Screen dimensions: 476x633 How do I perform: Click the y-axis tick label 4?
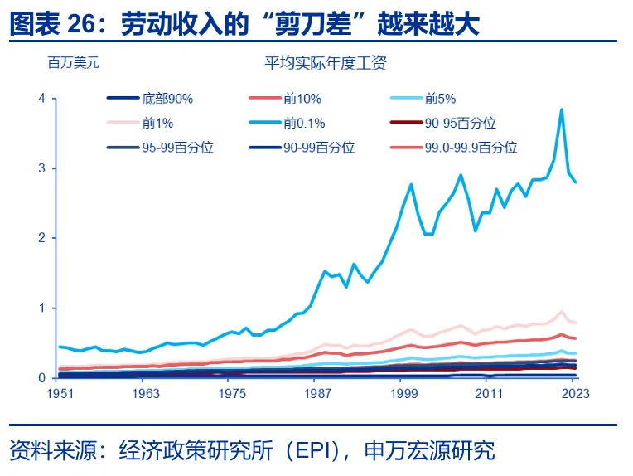pyautogui.click(x=43, y=99)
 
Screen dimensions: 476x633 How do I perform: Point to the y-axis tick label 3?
pyautogui.click(x=43, y=168)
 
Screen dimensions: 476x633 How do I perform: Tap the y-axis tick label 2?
pyautogui.click(x=43, y=238)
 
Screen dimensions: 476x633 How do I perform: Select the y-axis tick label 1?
pyautogui.click(x=43, y=308)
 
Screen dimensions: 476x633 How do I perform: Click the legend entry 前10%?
pyautogui.click(x=302, y=99)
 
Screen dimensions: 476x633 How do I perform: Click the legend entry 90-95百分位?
pyautogui.click(x=460, y=123)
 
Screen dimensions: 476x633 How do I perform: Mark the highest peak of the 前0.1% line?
pyautogui.click(x=562, y=109)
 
